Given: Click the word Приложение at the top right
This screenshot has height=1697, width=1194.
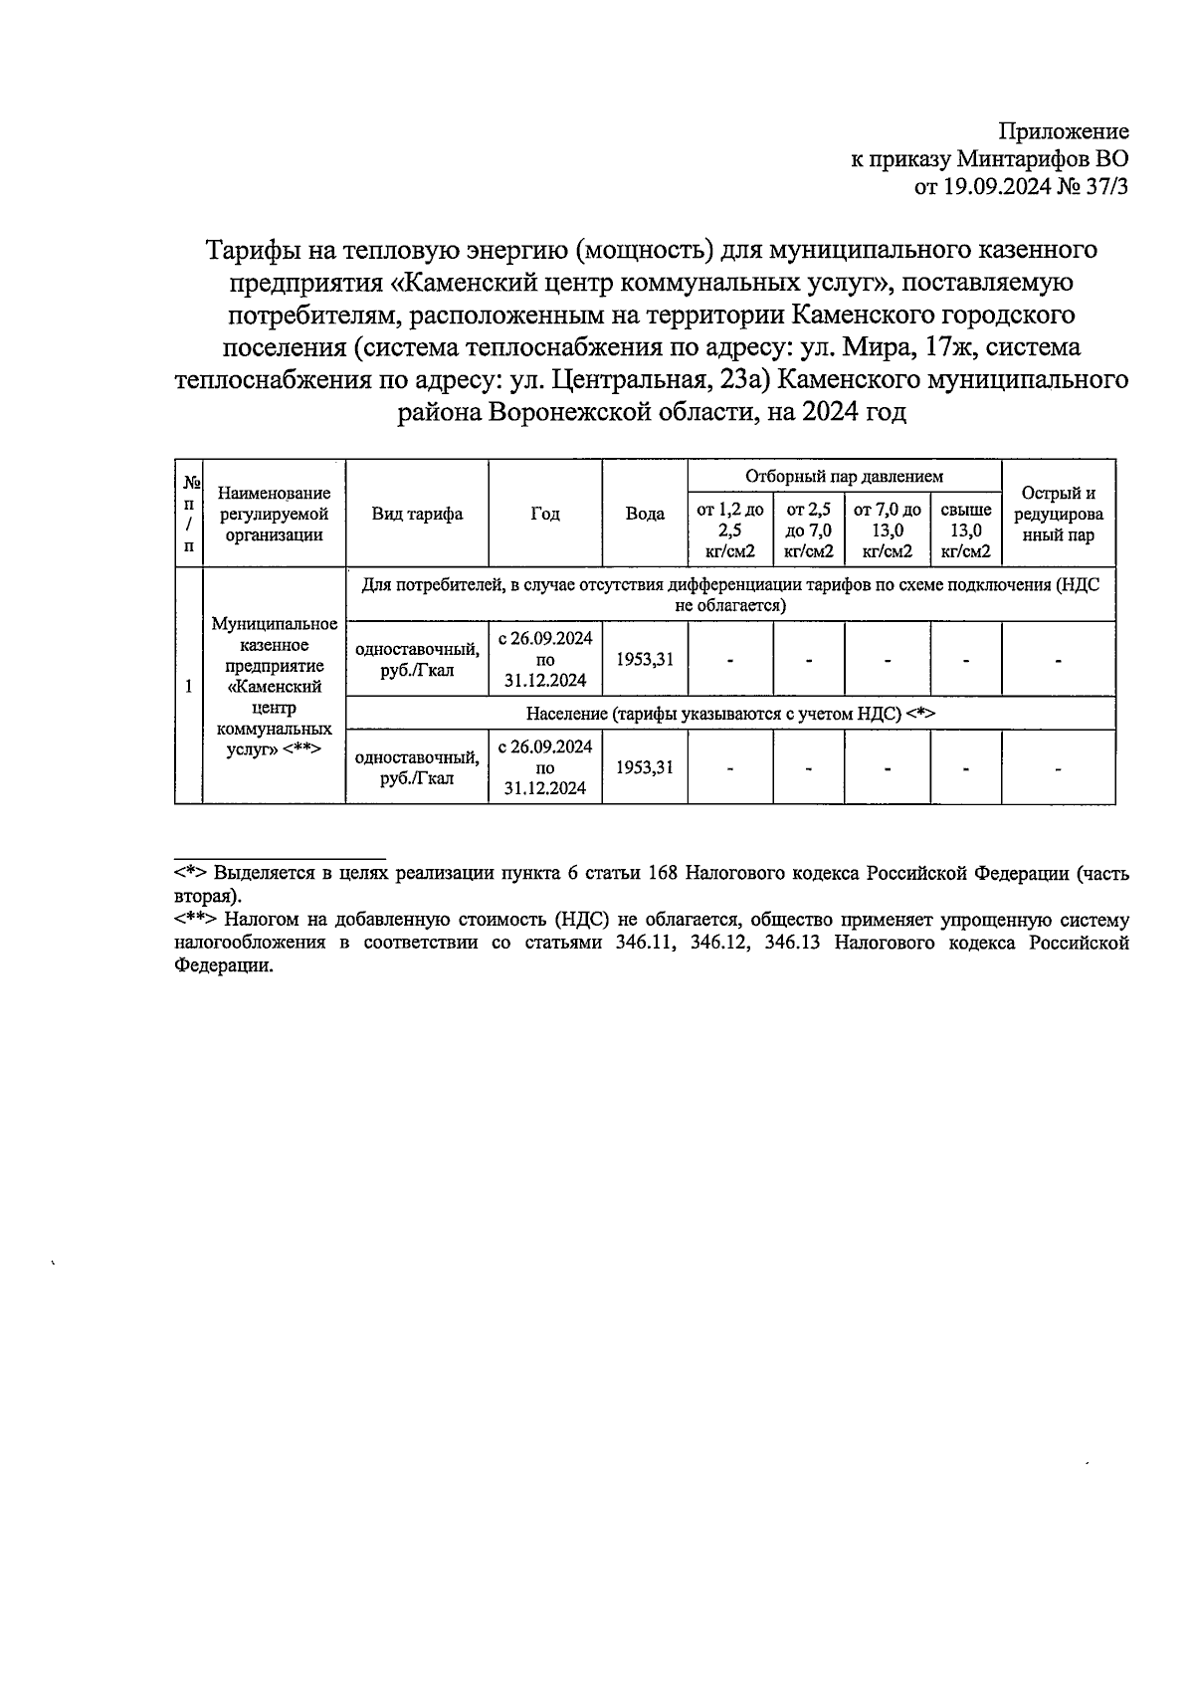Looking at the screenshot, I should (x=1064, y=131).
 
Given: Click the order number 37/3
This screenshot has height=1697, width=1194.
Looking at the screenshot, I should (x=1104, y=186).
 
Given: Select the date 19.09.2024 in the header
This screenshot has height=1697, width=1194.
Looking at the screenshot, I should (x=997, y=186).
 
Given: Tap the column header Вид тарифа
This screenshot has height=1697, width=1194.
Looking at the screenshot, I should (x=417, y=514).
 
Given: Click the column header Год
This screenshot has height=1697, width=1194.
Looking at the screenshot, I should (x=545, y=514).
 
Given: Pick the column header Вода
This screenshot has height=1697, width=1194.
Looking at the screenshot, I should (x=645, y=514).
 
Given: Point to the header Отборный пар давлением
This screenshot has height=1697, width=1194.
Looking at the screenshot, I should (x=844, y=477).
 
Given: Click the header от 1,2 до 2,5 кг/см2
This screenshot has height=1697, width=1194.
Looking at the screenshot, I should (x=729, y=530).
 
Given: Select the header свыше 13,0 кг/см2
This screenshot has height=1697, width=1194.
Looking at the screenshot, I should (x=965, y=530).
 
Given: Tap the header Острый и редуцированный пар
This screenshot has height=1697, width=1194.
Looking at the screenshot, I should (x=1058, y=514).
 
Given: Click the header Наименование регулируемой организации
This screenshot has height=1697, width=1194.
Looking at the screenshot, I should (x=274, y=514).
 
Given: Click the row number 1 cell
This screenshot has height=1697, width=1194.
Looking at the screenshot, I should (x=188, y=685).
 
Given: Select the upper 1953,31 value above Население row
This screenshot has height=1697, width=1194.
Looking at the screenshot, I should (x=645, y=659).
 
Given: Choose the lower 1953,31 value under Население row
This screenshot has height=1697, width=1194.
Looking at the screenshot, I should (x=645, y=766).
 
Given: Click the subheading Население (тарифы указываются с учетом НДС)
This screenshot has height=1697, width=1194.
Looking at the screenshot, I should (x=730, y=714).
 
